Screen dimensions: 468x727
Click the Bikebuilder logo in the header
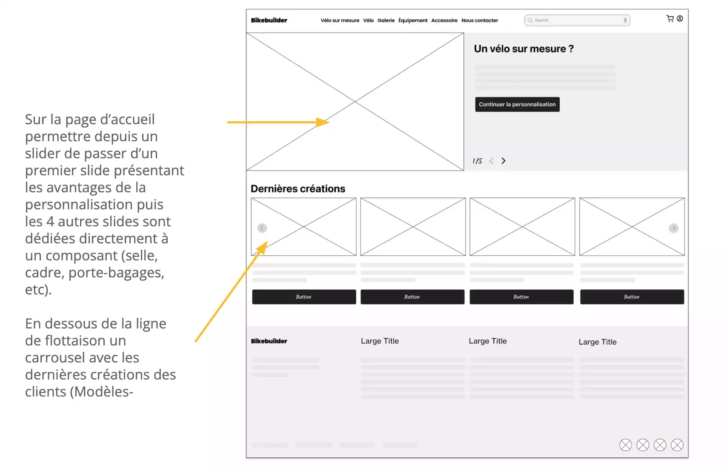click(269, 20)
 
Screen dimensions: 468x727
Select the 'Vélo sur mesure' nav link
click(340, 20)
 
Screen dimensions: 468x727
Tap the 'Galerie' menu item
click(386, 20)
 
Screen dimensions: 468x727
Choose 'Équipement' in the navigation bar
click(413, 20)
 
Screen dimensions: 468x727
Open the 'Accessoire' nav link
click(444, 20)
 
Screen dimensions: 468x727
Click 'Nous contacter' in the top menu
click(479, 20)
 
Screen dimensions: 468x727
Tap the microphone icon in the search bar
click(625, 20)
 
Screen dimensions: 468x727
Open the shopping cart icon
click(670, 19)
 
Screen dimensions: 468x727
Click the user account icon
click(680, 19)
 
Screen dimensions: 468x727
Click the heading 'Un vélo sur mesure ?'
click(524, 49)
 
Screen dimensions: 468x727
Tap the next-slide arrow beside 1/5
click(504, 161)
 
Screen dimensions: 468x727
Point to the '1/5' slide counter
click(477, 161)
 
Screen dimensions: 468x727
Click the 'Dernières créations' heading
click(298, 189)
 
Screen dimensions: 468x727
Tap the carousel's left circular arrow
click(262, 228)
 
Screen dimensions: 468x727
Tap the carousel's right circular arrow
click(673, 228)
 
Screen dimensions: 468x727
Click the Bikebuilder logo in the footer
click(269, 341)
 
